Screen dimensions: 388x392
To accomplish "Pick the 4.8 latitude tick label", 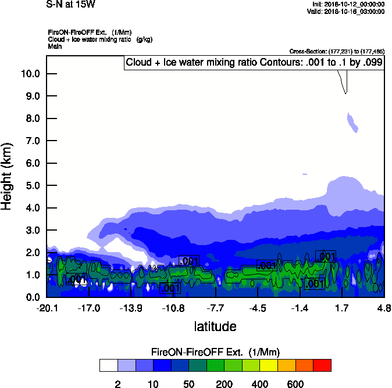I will (x=384, y=307).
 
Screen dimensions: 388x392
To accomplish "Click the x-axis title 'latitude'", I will (x=215, y=326).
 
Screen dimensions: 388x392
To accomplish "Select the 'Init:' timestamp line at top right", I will (x=348, y=4).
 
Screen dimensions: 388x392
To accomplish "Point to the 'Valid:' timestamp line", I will (x=347, y=11).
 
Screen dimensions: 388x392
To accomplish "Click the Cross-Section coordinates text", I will (x=337, y=51).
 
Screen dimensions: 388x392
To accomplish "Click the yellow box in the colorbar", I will (x=268, y=365).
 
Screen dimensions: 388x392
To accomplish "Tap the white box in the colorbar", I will (x=108, y=365).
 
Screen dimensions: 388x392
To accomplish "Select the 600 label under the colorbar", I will (x=295, y=384).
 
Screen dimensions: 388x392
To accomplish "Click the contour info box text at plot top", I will (x=254, y=63).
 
